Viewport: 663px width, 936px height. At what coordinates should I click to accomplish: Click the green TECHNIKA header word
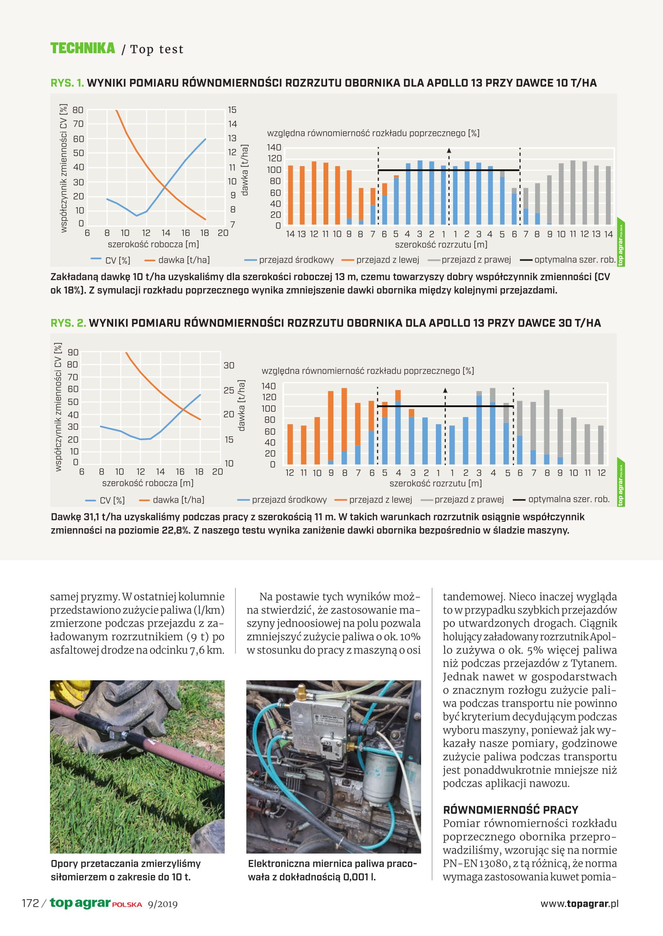tap(82, 48)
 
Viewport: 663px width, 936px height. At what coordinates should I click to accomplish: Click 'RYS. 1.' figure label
tap(67, 83)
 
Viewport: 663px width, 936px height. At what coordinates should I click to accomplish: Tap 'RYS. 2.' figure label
tap(68, 323)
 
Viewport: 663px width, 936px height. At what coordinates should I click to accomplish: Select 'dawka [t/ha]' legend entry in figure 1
tap(184, 260)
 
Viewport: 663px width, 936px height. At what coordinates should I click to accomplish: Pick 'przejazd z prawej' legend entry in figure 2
tap(469, 500)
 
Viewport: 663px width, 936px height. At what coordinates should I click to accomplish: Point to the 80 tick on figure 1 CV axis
tap(78, 110)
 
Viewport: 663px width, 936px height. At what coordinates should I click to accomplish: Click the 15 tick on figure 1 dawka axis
tap(232, 110)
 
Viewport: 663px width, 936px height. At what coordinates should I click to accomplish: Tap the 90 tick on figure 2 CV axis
tap(73, 352)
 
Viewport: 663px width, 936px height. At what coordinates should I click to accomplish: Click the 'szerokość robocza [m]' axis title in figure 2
tap(148, 483)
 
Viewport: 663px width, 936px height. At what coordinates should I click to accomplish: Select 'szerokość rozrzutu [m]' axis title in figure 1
tap(441, 245)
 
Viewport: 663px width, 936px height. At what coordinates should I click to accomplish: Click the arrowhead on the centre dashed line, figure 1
tap(449, 150)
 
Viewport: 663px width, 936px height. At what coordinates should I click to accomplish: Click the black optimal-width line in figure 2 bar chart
tap(445, 406)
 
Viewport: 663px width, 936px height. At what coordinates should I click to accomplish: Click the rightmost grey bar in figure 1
tap(608, 195)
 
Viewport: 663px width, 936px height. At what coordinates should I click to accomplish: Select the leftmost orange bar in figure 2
tap(290, 444)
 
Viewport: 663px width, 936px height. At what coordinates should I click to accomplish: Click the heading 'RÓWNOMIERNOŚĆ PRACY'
tap(510, 810)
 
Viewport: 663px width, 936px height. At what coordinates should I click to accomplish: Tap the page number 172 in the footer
tap(30, 903)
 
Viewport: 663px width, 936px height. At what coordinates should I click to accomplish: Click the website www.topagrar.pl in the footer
tap(579, 903)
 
